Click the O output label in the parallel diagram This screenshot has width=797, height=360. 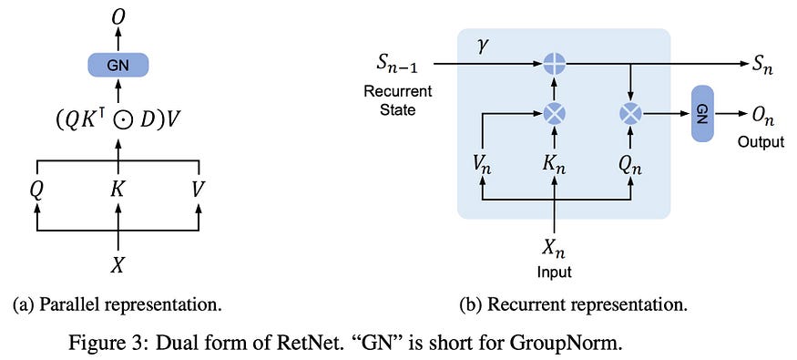(x=118, y=15)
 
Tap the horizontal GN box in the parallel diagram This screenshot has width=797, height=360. (x=118, y=65)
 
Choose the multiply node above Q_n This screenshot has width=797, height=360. (x=630, y=114)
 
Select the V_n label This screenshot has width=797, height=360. (x=483, y=166)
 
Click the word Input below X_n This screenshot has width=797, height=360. (x=553, y=272)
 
